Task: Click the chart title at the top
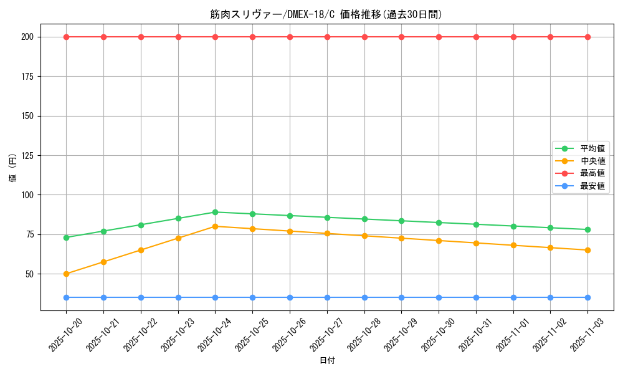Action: click(326, 14)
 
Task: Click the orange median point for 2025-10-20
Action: click(66, 274)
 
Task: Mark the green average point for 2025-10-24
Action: click(215, 212)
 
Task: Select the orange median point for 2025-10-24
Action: click(215, 226)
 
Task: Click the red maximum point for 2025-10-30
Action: click(439, 37)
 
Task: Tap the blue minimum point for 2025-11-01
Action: click(513, 297)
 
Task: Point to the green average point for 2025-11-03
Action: click(587, 229)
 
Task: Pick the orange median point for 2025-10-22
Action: click(141, 250)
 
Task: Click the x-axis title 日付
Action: click(327, 361)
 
